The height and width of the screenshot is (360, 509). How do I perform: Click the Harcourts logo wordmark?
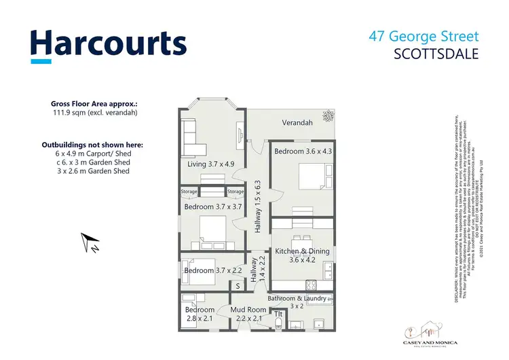(x=108, y=44)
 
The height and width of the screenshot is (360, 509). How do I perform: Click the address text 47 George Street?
(x=425, y=37)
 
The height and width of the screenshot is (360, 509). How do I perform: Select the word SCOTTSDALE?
(x=436, y=53)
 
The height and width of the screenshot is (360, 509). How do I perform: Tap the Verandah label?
(x=297, y=123)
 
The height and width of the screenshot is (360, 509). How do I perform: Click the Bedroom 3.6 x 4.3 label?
(x=303, y=151)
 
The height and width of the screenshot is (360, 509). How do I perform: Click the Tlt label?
(x=278, y=314)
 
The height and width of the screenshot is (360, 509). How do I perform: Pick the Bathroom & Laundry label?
(x=297, y=302)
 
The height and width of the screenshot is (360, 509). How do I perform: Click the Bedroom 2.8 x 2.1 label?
(x=200, y=314)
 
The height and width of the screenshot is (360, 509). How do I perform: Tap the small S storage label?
(x=238, y=286)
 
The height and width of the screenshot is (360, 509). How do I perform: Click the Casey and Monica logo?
(x=432, y=332)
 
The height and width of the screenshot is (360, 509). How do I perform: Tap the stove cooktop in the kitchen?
(x=314, y=284)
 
